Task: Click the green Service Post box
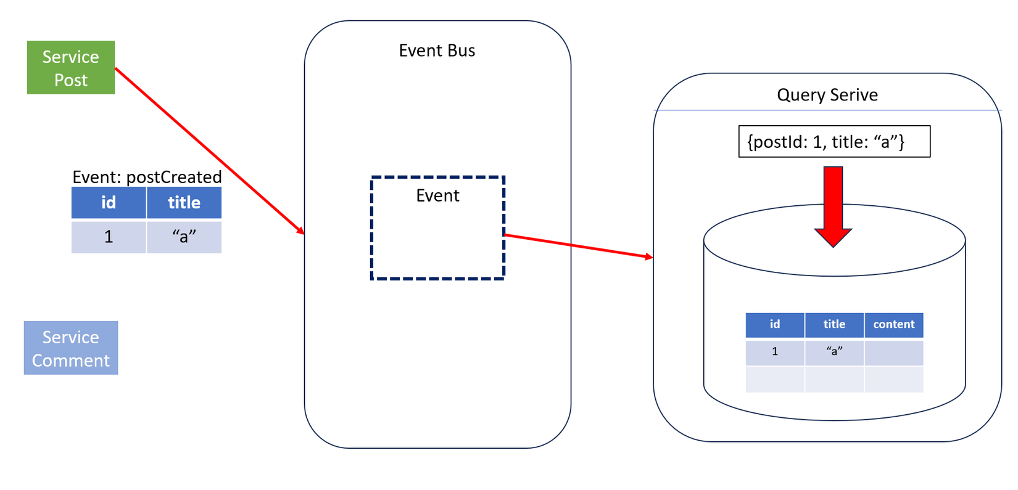[x=71, y=68]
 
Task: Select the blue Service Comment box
[x=71, y=348]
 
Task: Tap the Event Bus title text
[x=437, y=51]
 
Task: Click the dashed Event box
[x=437, y=228]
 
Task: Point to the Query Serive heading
[x=827, y=95]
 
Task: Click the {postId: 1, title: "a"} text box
[x=834, y=142]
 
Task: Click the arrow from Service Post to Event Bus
[x=210, y=150]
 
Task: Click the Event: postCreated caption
[x=147, y=177]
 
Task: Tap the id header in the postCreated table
[x=109, y=203]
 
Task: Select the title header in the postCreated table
[x=184, y=203]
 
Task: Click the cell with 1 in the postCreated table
[x=109, y=237]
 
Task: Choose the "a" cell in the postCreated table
[x=184, y=237]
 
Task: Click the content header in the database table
[x=893, y=325]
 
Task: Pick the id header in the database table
[x=775, y=325]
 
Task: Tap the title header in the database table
[x=834, y=325]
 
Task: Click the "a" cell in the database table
[x=834, y=352]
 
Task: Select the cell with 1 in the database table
[x=775, y=352]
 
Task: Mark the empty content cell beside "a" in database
[x=893, y=353]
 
